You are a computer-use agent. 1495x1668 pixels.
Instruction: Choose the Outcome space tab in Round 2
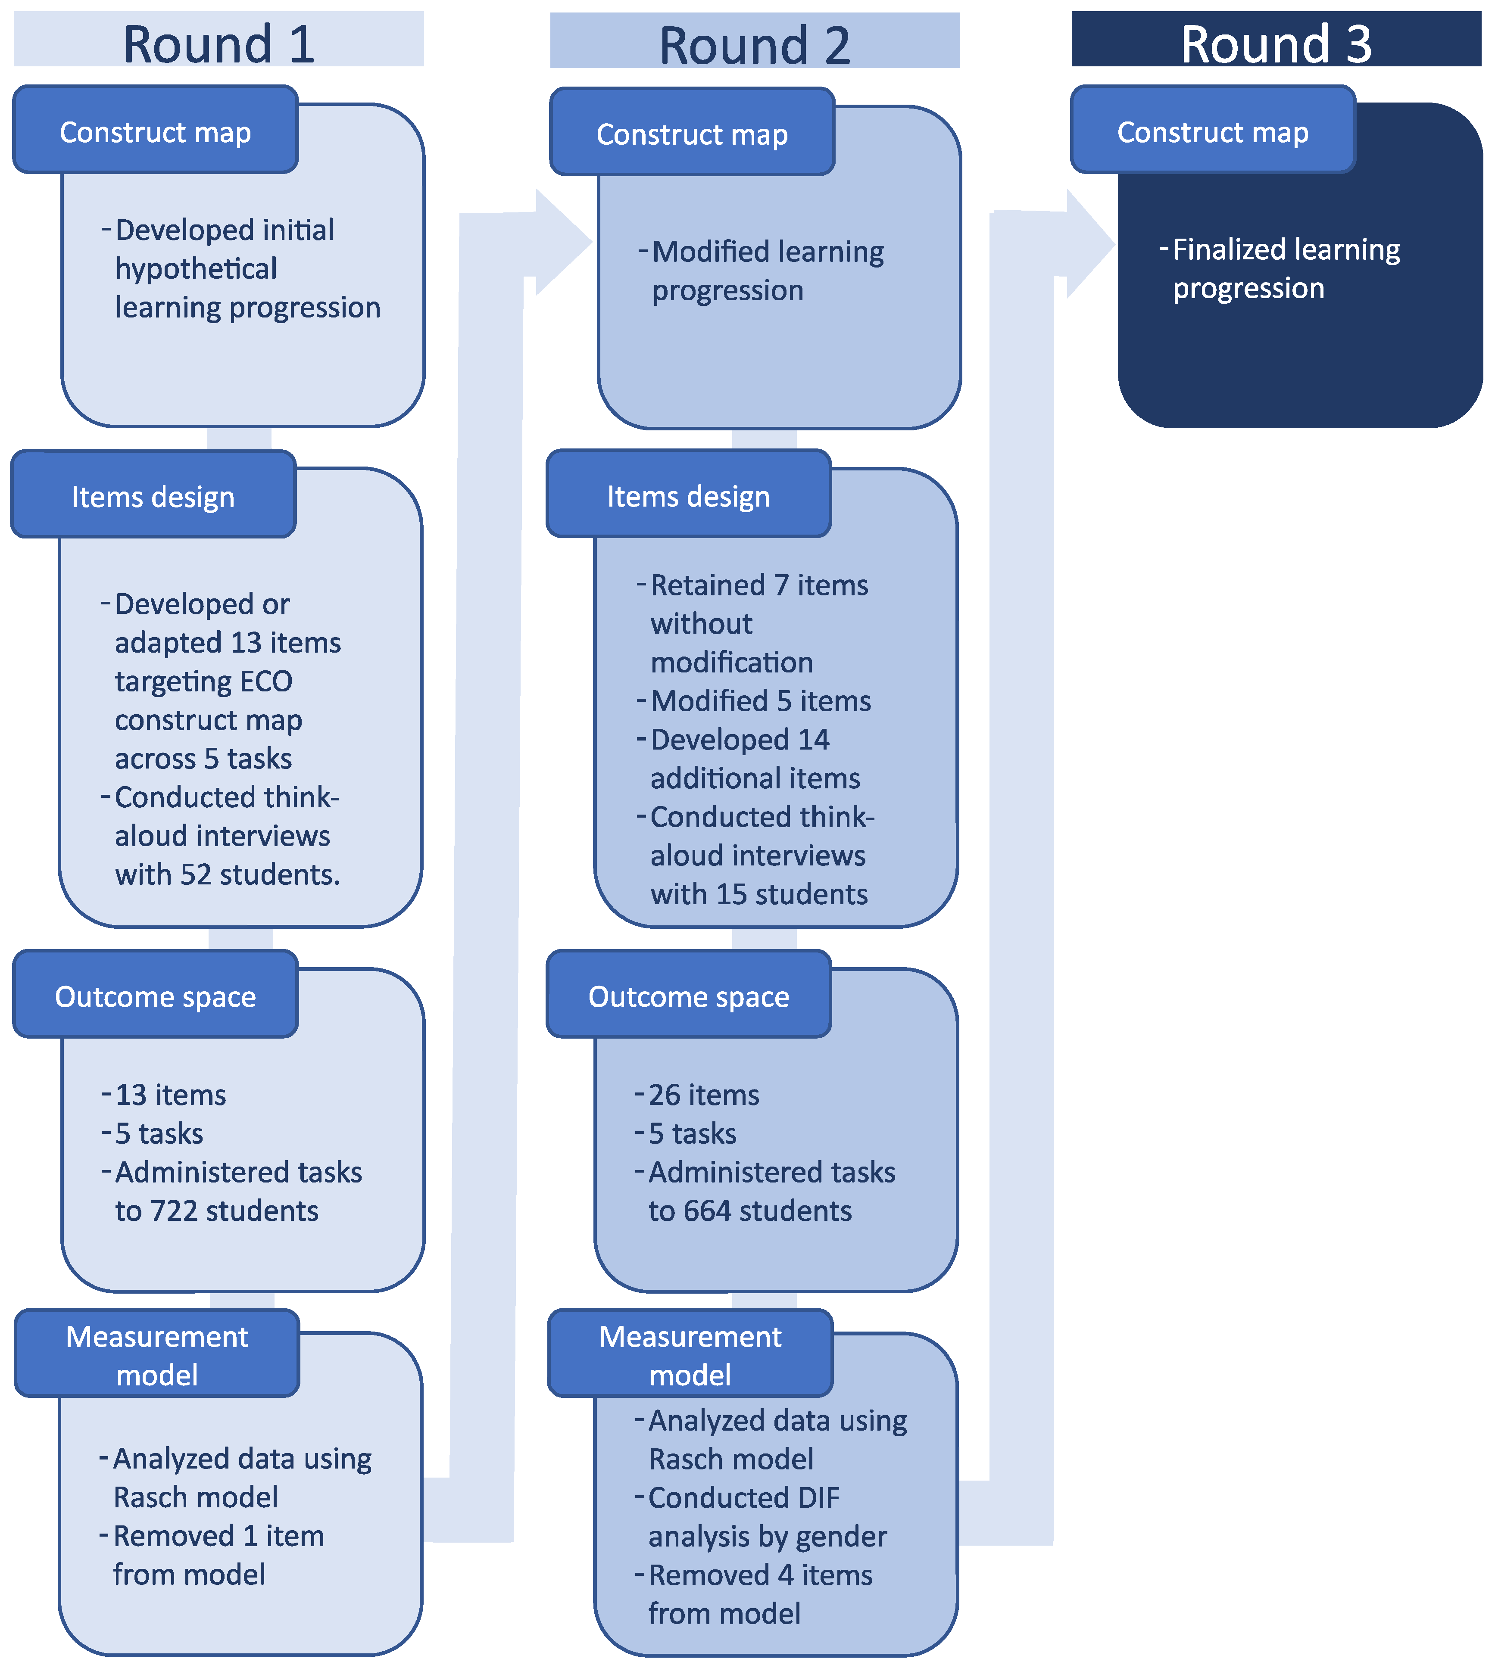click(x=688, y=996)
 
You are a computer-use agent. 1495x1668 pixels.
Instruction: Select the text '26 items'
click(x=703, y=1095)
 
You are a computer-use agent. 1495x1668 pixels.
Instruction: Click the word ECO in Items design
click(x=266, y=681)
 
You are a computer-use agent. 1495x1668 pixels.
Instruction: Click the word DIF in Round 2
click(x=818, y=1497)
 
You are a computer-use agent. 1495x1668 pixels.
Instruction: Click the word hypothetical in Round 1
click(x=197, y=268)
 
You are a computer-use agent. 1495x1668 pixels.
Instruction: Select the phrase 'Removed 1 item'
click(x=218, y=1536)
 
